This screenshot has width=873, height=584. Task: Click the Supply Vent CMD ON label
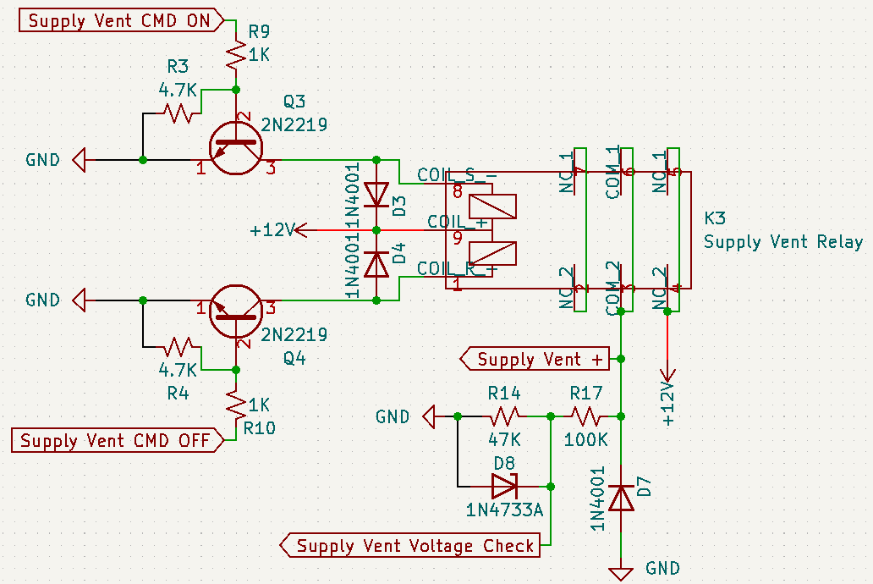coord(119,21)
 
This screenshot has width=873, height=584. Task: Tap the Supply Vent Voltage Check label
coord(415,546)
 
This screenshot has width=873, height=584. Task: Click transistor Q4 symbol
coord(235,311)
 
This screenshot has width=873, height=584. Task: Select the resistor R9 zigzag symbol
coord(236,58)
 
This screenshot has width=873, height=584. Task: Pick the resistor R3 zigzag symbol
coord(178,113)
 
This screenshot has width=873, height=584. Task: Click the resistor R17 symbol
coord(585,416)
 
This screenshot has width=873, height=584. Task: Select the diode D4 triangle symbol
coord(376,263)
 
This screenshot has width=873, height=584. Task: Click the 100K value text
coord(585,440)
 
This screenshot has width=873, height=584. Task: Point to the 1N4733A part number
coord(504,510)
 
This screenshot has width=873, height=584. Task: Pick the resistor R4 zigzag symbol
coord(178,346)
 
